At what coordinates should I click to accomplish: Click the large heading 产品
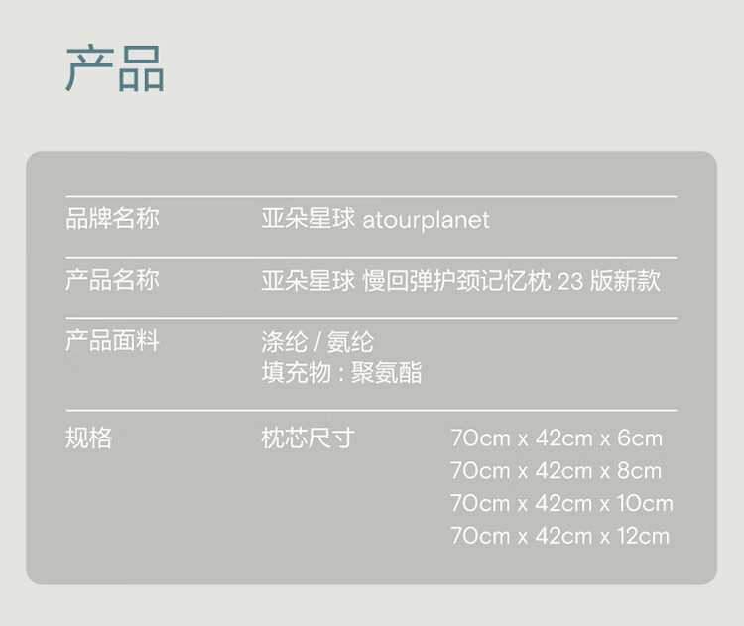[115, 68]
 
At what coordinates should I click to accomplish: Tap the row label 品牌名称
[112, 219]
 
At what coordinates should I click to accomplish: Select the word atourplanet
[426, 221]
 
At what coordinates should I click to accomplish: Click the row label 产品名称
[112, 280]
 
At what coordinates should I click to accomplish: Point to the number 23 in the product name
[569, 281]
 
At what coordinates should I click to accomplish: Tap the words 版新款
[625, 280]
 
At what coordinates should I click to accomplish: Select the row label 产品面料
[112, 340]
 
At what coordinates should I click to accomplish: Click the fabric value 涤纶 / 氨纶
[317, 342]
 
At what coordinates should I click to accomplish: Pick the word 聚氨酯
[386, 373]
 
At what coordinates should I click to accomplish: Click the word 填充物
[297, 373]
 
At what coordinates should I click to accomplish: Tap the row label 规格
[88, 438]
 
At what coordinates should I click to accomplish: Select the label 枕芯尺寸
[308, 438]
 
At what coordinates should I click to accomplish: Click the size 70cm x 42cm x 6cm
[557, 438]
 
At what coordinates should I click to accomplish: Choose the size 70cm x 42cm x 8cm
[557, 471]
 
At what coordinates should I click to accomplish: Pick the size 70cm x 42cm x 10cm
[561, 504]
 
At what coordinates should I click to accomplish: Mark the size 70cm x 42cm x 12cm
[559, 537]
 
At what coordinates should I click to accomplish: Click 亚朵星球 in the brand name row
[308, 219]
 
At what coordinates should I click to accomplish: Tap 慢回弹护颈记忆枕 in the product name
[457, 280]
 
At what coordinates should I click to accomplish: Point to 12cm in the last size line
[644, 537]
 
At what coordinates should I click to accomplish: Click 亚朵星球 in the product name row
[308, 280]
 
